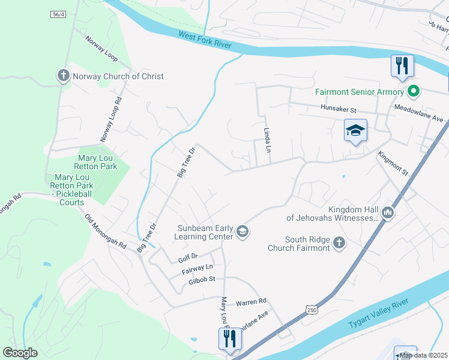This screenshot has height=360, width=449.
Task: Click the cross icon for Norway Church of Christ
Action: point(63,76)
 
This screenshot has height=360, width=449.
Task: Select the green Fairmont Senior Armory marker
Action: point(413,92)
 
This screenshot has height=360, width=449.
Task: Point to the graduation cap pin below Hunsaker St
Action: point(355,131)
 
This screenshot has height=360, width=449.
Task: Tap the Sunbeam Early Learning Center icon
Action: point(243,232)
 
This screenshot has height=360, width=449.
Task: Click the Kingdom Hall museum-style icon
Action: point(388,212)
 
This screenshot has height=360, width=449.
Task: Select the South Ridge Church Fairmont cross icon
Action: point(339,243)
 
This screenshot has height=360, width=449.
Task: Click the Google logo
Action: point(20,353)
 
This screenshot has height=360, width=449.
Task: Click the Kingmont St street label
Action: point(393,163)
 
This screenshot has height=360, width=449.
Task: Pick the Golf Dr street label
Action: point(187,260)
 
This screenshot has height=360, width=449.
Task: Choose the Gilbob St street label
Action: point(202,280)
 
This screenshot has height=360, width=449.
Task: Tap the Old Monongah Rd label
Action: point(105,232)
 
